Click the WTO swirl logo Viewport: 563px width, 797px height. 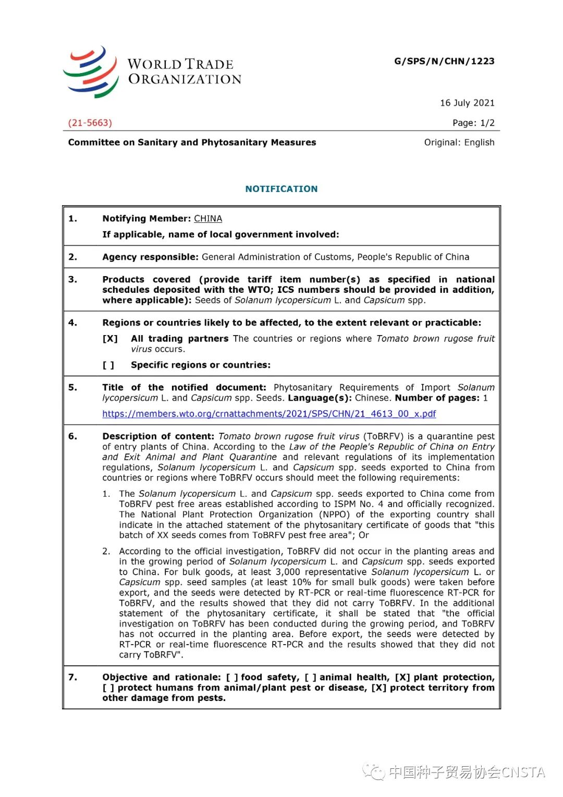[91, 72]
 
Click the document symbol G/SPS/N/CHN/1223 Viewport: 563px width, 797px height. [444, 61]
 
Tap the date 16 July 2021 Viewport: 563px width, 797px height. [467, 103]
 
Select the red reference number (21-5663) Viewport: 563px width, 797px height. [90, 123]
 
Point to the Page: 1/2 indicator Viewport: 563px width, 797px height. [473, 123]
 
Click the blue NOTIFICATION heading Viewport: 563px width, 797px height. [281, 189]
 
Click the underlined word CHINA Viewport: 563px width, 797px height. [208, 219]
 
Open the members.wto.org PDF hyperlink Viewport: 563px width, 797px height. [269, 414]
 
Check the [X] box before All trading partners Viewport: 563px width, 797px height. [110, 339]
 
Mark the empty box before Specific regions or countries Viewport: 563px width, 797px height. [108, 365]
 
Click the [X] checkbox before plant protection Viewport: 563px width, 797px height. [402, 677]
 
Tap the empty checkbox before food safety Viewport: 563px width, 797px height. [232, 677]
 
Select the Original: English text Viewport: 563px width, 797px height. [459, 142]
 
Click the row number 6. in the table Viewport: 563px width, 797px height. [72, 436]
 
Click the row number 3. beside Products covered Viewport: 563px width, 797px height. [72, 280]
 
